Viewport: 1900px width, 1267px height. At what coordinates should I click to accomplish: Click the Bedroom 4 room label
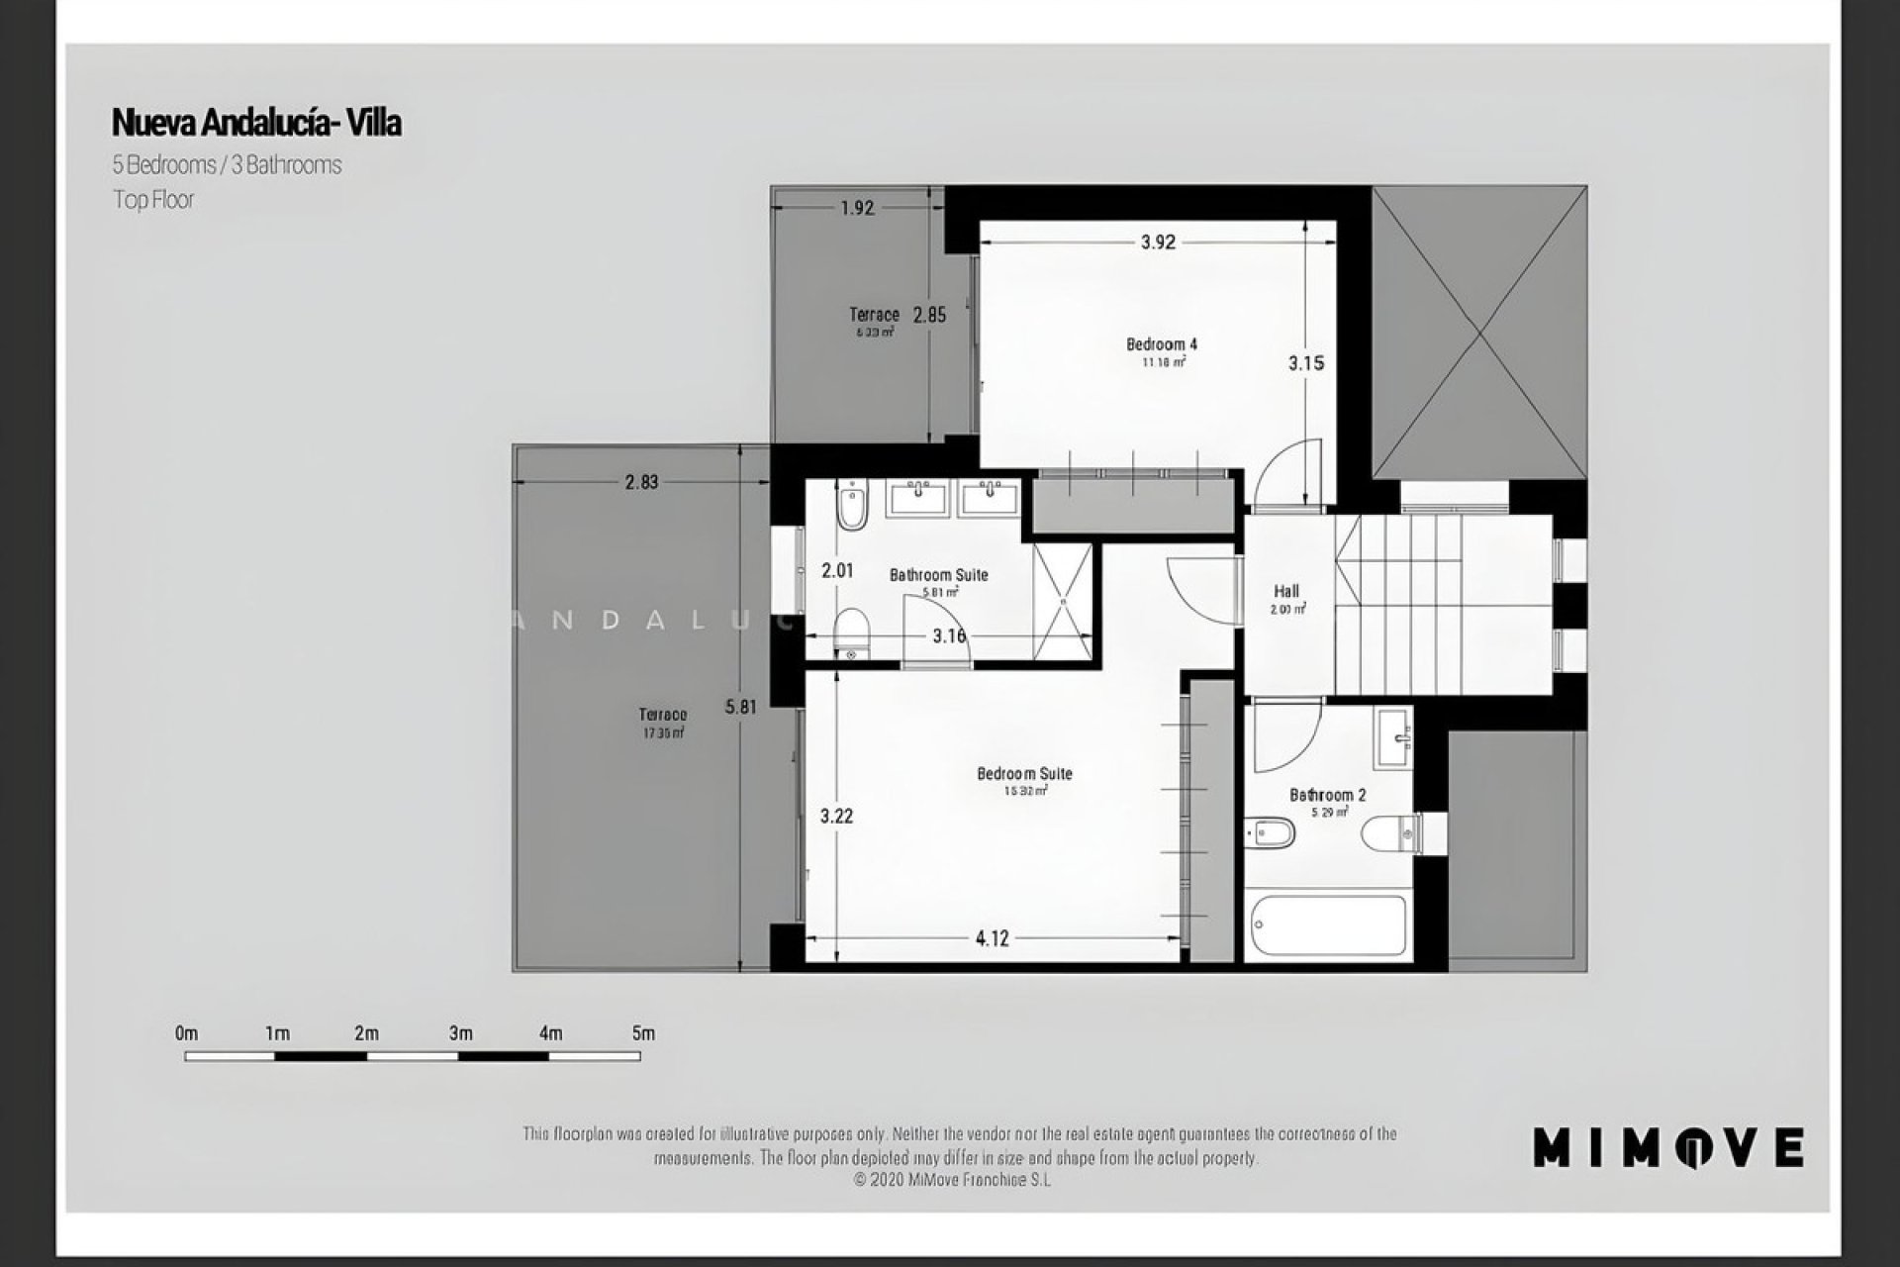tap(1162, 344)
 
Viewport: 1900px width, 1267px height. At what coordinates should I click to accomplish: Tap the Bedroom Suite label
tap(1024, 774)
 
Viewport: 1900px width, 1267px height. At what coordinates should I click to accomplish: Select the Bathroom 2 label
tap(1327, 795)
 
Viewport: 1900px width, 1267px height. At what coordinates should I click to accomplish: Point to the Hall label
tap(1286, 591)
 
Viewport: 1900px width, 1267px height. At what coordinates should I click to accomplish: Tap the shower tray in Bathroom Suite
tap(1062, 601)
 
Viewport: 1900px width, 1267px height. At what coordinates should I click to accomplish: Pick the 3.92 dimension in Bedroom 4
tap(1157, 243)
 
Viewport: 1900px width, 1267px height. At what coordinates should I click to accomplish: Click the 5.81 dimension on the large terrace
tap(740, 708)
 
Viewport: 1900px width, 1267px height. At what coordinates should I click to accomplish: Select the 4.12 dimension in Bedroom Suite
tap(992, 938)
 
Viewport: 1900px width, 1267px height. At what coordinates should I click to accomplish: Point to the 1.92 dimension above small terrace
tap(857, 208)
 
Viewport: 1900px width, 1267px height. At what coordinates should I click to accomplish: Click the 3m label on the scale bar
tap(460, 1033)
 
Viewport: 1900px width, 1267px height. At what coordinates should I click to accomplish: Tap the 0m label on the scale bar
tap(186, 1033)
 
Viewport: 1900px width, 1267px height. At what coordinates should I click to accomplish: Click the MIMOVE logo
tap(1667, 1148)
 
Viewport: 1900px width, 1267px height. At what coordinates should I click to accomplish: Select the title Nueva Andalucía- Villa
tap(256, 123)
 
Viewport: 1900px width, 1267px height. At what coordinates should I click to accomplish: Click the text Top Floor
tap(153, 200)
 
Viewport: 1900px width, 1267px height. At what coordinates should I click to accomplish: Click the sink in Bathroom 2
tap(1392, 738)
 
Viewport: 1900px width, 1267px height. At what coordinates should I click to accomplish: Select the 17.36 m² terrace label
tap(662, 733)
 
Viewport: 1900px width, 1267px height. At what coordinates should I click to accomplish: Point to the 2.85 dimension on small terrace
tap(929, 316)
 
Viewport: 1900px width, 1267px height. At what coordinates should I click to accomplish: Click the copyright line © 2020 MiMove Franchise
tap(951, 1180)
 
